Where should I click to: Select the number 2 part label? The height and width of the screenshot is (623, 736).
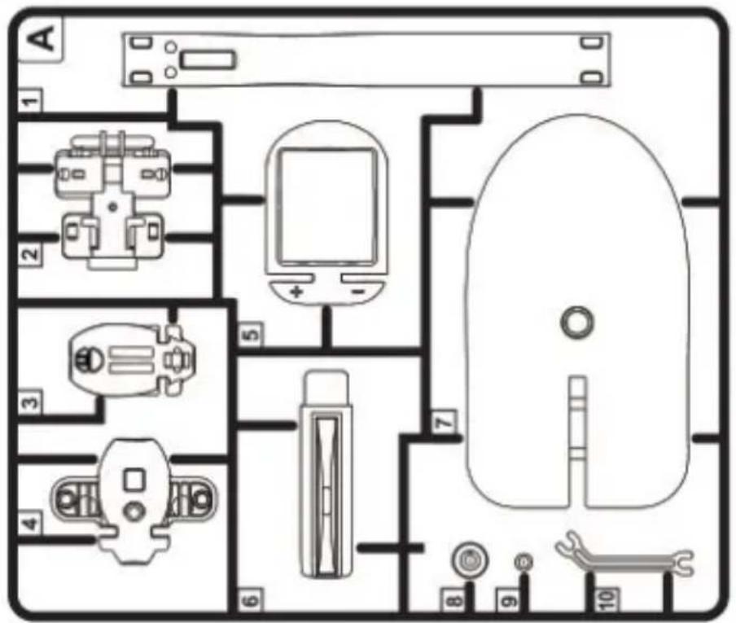point(30,254)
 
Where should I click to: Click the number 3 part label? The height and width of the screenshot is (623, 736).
point(30,402)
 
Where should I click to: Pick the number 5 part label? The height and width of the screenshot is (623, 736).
point(251,335)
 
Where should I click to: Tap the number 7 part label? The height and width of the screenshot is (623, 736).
point(444,422)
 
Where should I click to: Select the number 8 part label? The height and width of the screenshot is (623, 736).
point(454,600)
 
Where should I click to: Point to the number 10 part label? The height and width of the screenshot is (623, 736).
point(606,600)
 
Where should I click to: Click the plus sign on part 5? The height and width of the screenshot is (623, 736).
point(296,292)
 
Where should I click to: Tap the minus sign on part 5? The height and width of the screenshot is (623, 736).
point(357,292)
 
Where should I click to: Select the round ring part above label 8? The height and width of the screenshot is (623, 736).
point(469,560)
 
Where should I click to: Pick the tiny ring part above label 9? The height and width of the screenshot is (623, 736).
point(524,562)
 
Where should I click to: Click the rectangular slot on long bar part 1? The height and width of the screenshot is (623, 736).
point(208,60)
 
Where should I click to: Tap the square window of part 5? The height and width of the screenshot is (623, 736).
point(327,206)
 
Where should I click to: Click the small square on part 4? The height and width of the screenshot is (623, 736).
point(134,480)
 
